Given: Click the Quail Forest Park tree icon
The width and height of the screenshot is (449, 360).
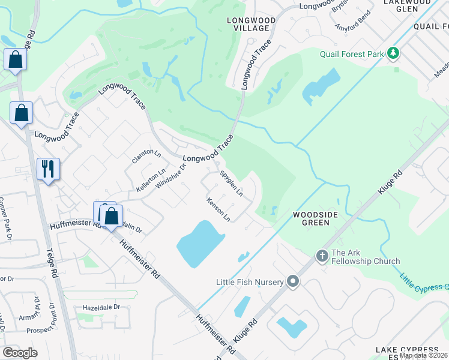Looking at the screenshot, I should tap(393, 54).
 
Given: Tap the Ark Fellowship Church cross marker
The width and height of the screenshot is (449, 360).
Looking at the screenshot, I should tap(322, 256).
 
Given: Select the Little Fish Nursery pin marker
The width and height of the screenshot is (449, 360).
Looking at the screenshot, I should tap(293, 281).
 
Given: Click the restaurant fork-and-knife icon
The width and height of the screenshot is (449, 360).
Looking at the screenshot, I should tap(48, 169).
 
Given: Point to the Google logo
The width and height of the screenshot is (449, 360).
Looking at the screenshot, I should tap(20, 352).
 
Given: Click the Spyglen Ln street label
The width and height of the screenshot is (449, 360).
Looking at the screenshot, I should tap(231, 184).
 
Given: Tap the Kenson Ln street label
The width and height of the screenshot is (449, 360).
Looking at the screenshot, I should tap(218, 211).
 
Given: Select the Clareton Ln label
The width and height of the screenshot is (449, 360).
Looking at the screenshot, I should tap(146, 156).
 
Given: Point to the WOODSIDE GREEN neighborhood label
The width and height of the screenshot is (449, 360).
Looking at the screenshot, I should tap(311, 218).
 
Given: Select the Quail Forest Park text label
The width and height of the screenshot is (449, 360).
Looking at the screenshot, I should tap(351, 55).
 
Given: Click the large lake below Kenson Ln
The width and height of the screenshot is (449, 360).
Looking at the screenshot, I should tap(200, 243).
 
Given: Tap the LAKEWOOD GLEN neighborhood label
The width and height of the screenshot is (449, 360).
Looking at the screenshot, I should tap(410, 7).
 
